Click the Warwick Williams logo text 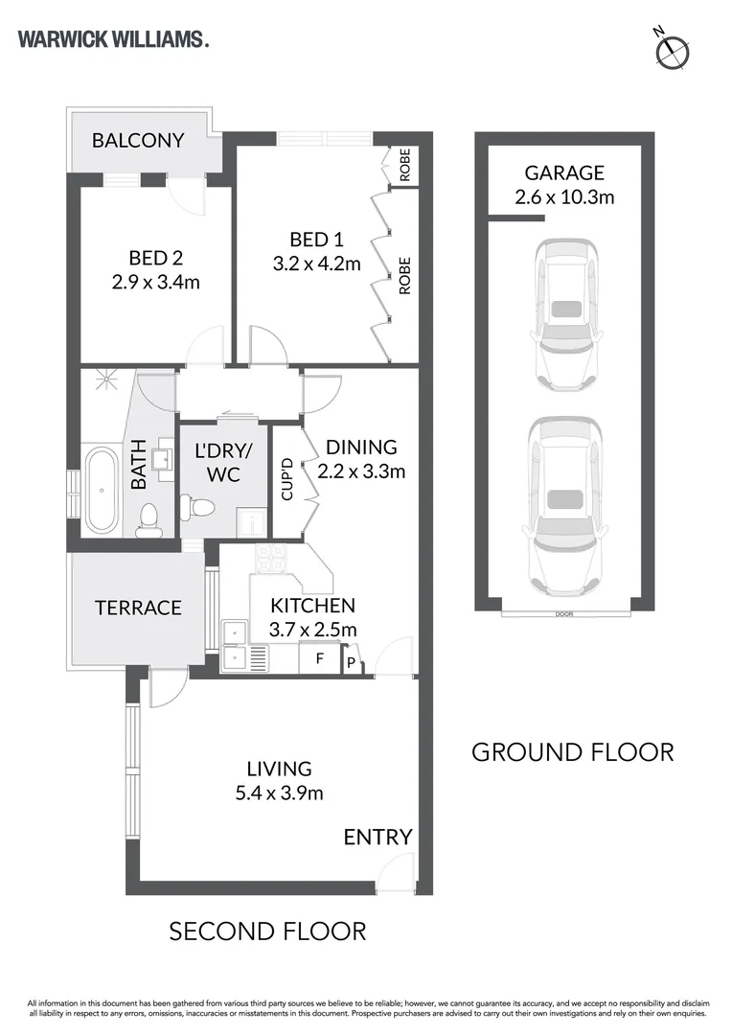(113, 39)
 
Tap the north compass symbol (673, 50)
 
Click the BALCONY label (138, 141)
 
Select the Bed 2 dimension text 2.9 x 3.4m (156, 282)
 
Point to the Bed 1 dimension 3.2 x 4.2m (317, 264)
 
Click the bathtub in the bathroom (102, 491)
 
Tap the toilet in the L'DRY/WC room (198, 506)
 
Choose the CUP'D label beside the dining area (287, 478)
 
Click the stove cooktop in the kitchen (272, 559)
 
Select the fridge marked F (320, 658)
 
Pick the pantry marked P (351, 661)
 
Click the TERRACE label (138, 608)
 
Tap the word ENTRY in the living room (377, 837)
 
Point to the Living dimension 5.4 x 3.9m (279, 793)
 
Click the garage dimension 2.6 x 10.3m (564, 196)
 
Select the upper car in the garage (566, 314)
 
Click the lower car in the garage (563, 506)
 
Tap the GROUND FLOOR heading (573, 752)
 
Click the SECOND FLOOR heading (267, 931)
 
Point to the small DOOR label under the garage (564, 614)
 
